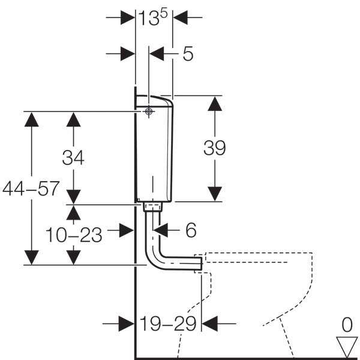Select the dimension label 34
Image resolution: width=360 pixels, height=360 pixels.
point(73,158)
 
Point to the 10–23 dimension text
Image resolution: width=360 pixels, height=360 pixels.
point(73,235)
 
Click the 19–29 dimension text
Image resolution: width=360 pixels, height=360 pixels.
point(168,324)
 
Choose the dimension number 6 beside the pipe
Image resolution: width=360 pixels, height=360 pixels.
point(191,229)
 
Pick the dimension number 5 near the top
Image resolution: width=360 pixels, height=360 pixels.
point(187,54)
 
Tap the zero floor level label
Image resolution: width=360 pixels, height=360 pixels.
point(347,326)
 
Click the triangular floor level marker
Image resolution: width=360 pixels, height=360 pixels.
point(347,346)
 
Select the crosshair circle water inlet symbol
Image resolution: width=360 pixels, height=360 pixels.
point(148,112)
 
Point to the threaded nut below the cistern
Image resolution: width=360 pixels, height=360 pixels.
point(154,206)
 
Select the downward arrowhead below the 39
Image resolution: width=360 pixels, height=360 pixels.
point(214,193)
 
